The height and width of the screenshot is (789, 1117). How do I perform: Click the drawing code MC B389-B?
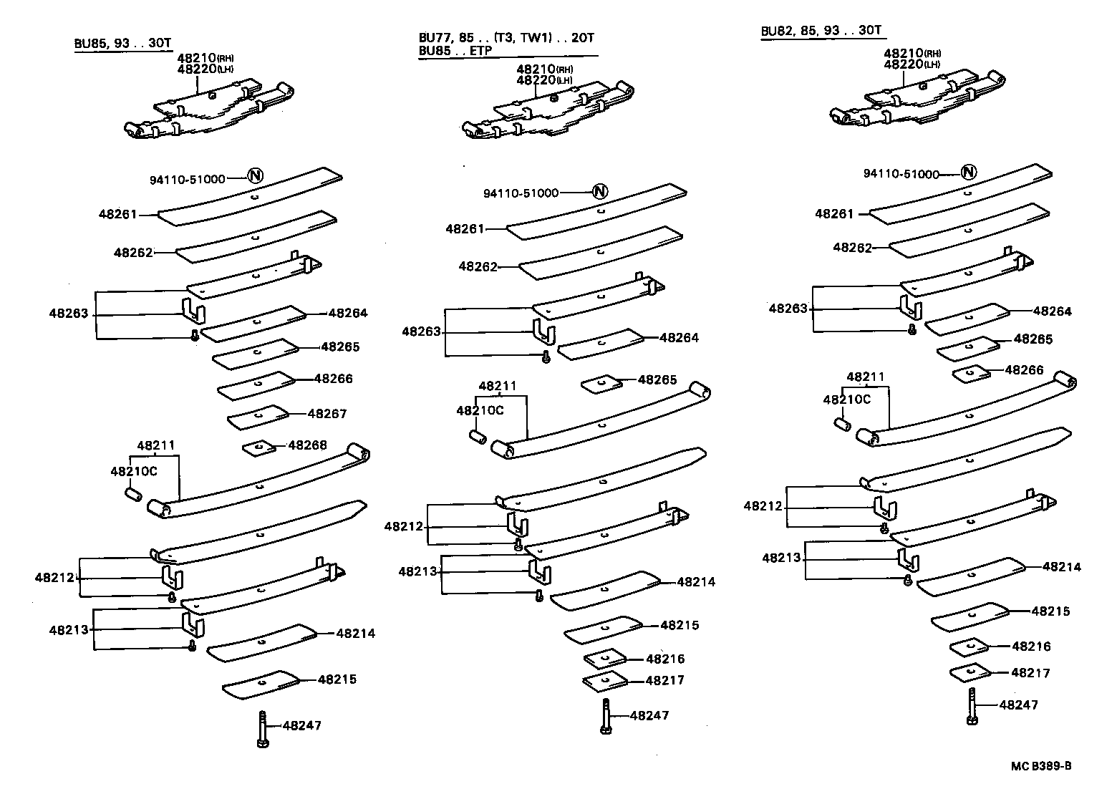tap(1041, 766)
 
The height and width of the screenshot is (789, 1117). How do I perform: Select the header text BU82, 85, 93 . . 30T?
tap(821, 31)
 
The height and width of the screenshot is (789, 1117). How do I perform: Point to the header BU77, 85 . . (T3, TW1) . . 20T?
tap(506, 38)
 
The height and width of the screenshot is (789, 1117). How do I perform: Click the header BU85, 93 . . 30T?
tap(123, 42)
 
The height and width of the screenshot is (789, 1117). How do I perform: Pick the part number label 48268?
tap(307, 445)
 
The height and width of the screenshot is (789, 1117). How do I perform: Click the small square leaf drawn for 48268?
tap(258, 448)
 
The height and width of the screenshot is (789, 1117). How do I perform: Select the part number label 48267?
tap(327, 414)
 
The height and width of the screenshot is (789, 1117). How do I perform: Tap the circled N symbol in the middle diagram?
tap(600, 191)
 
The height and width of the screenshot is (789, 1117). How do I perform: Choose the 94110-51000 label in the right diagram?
tap(901, 174)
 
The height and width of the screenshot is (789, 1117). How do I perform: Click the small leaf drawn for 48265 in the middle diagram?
tap(601, 384)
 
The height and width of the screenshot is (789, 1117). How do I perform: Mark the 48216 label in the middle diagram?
tap(665, 659)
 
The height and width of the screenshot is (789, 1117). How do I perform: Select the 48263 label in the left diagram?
tap(69, 313)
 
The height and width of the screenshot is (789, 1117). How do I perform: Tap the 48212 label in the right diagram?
tap(763, 505)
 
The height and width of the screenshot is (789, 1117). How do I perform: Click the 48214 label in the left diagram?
tap(356, 633)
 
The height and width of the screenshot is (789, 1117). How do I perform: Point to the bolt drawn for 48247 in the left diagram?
tap(263, 729)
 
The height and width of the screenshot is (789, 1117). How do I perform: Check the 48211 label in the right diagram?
tap(865, 377)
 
